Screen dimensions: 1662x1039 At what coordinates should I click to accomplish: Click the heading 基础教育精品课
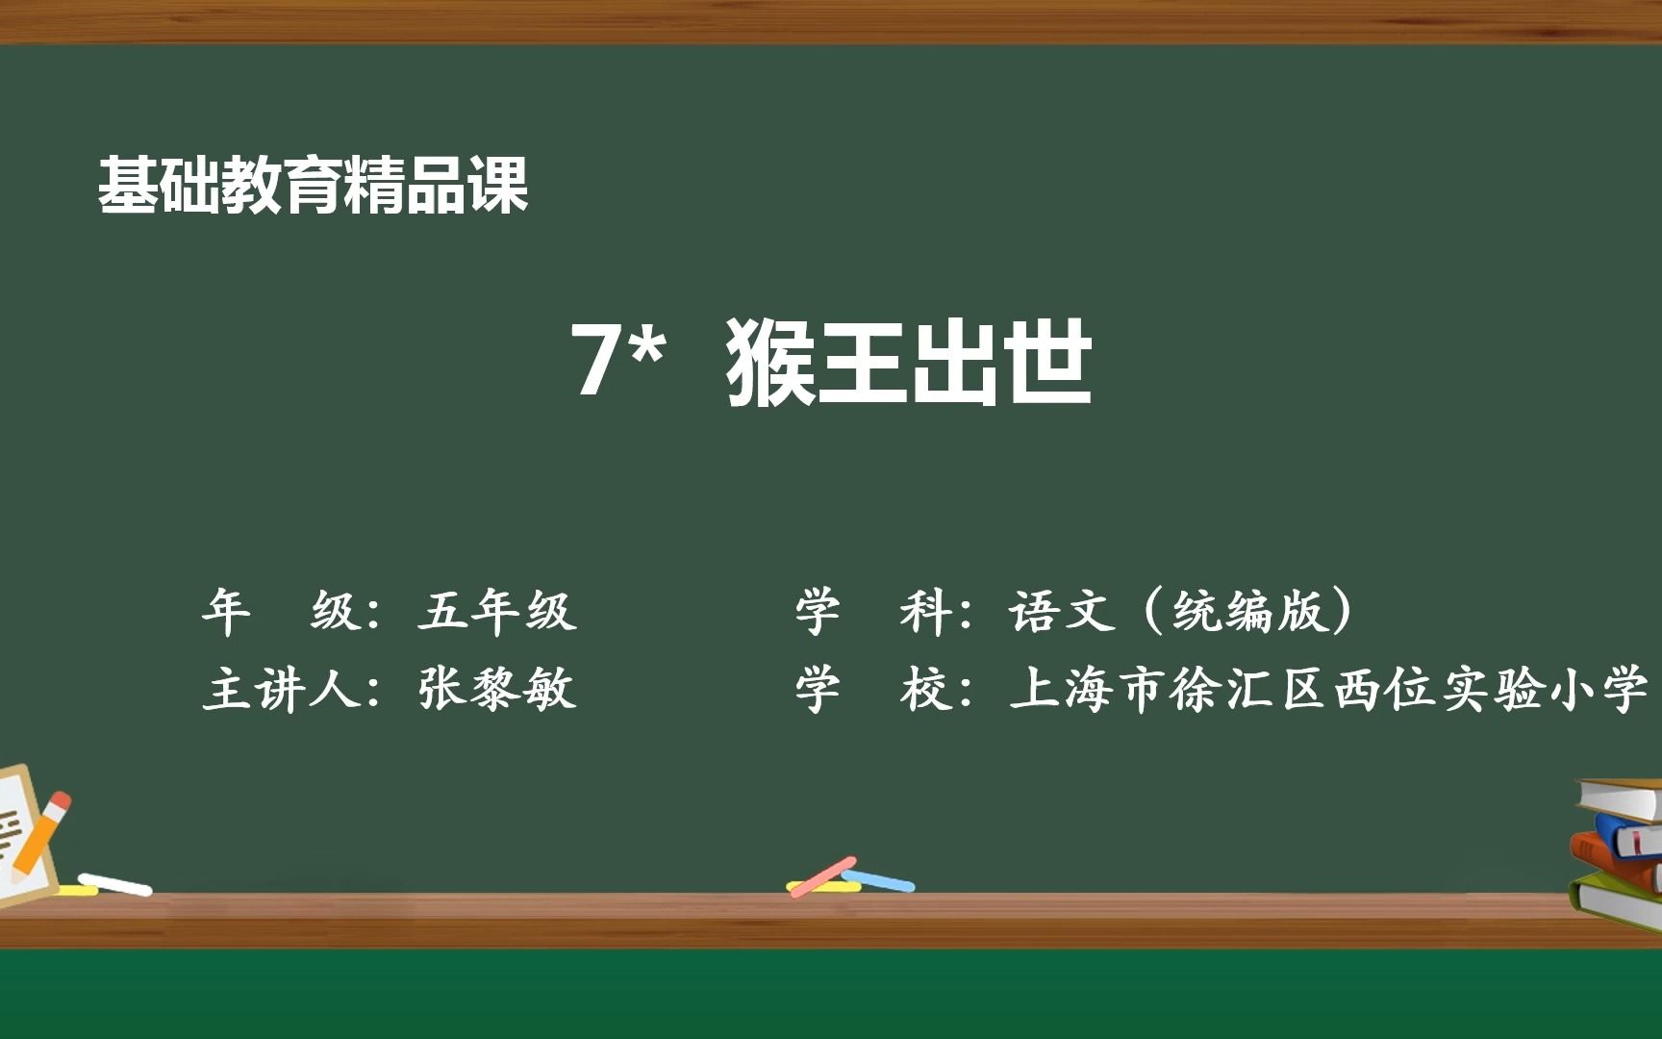click(314, 185)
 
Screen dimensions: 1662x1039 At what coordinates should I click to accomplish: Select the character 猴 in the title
click(771, 362)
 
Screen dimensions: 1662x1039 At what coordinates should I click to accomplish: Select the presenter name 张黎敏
click(497, 689)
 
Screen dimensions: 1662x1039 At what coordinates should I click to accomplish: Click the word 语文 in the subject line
click(1063, 611)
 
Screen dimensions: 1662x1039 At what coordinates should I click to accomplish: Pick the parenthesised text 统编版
click(1249, 611)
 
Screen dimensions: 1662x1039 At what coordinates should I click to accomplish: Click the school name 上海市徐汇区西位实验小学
click(1329, 689)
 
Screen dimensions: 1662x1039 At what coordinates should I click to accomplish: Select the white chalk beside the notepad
click(114, 883)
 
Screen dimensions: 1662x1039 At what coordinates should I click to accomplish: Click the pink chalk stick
click(822, 876)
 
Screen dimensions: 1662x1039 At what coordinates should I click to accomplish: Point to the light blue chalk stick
click(878, 880)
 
